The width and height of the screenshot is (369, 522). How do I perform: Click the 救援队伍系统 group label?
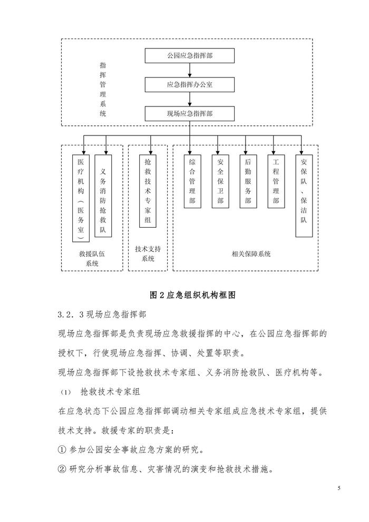pos(92,258)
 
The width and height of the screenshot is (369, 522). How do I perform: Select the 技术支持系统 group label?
pos(148,253)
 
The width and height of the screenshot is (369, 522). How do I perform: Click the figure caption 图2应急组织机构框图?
pos(192,295)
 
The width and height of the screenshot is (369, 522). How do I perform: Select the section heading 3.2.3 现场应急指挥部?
pos(101,315)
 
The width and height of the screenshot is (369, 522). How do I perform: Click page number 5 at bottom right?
pos(339,488)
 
